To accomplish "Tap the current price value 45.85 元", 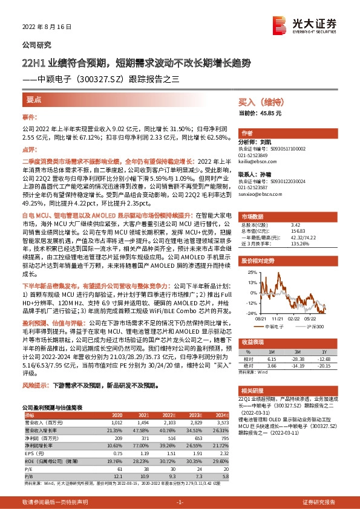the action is (269, 113).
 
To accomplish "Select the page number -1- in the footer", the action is (180, 502).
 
